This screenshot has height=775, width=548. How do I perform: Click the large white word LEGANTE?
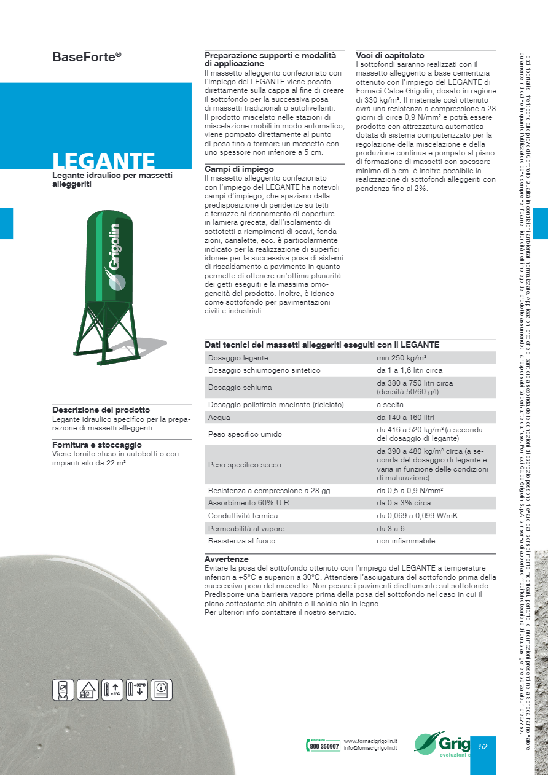(103, 161)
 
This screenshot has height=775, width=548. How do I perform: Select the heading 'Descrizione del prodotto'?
(101, 410)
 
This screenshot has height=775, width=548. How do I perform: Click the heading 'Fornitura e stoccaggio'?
(96, 445)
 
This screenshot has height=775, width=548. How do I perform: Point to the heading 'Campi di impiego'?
(239, 169)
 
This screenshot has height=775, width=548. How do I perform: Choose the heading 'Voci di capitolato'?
(389, 55)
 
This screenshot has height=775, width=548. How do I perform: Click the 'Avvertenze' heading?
(226, 559)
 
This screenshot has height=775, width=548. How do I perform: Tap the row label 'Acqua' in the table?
(219, 418)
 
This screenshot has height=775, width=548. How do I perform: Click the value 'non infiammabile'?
(405, 541)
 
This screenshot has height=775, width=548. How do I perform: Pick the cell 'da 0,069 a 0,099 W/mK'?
(417, 516)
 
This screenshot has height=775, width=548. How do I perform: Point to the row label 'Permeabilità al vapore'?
(246, 529)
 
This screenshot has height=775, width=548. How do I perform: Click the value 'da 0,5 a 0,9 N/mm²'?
(410, 491)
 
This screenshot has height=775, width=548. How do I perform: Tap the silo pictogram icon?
(63, 690)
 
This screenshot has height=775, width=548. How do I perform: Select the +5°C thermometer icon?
(112, 690)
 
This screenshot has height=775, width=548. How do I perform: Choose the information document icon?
(162, 690)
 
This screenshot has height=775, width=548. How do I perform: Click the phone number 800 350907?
(324, 746)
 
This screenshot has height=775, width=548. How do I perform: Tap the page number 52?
(483, 746)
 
